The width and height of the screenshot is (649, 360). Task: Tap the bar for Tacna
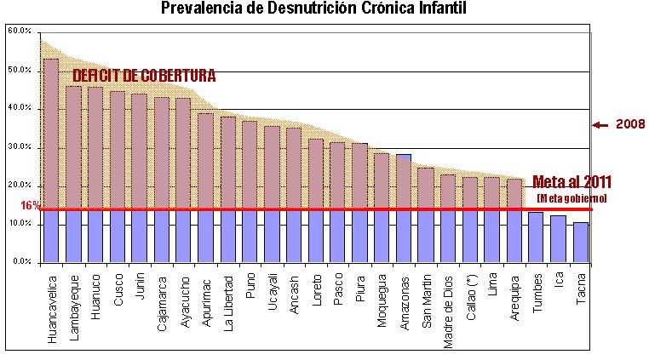580,243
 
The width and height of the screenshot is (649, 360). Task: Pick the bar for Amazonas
404,209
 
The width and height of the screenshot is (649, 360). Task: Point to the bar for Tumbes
536,237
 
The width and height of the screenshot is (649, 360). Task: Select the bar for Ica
558,239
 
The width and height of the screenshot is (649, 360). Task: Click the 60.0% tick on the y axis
20,31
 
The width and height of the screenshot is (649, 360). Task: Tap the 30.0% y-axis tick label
20,147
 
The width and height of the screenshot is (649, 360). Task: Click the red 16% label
28,206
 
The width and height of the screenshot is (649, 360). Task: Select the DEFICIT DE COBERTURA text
144,76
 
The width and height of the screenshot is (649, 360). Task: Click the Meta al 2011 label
572,182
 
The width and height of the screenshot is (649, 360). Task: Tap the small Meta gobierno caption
572,197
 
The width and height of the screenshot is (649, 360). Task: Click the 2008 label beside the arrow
629,124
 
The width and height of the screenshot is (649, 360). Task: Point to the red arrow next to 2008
600,124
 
